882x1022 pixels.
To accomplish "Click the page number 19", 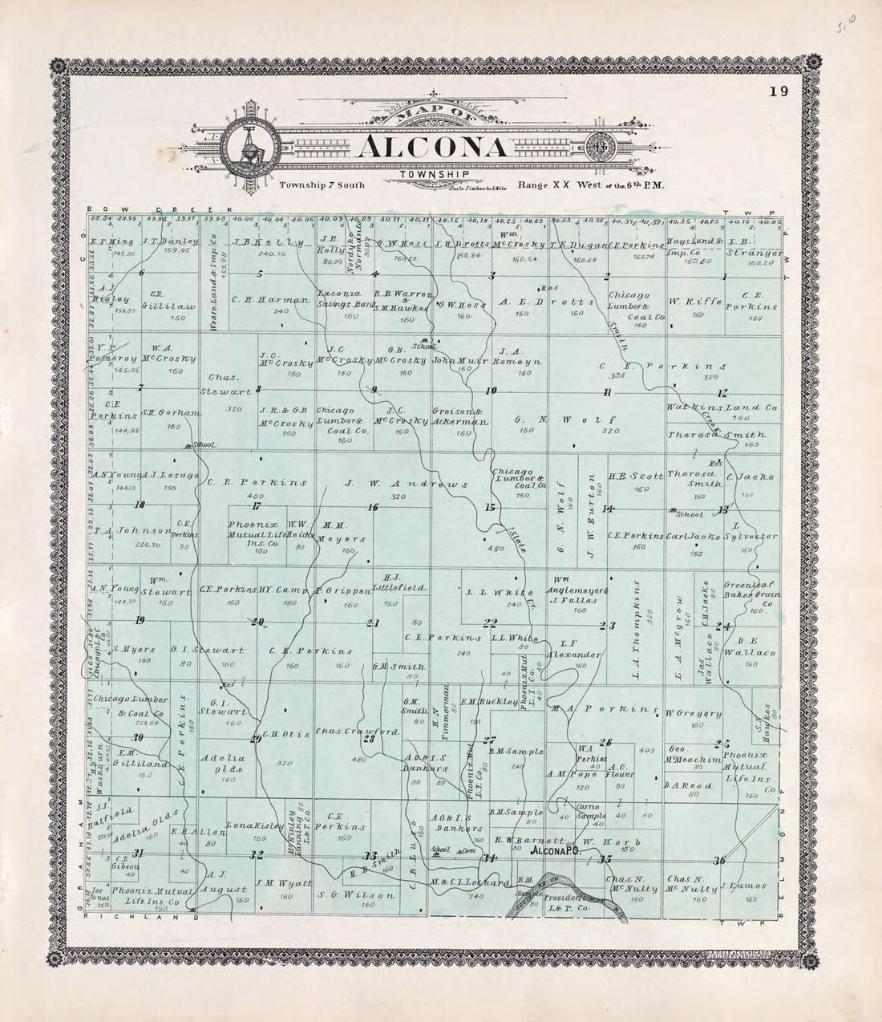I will pyautogui.click(x=779, y=91).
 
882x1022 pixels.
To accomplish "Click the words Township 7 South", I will pyautogui.click(x=322, y=185).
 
